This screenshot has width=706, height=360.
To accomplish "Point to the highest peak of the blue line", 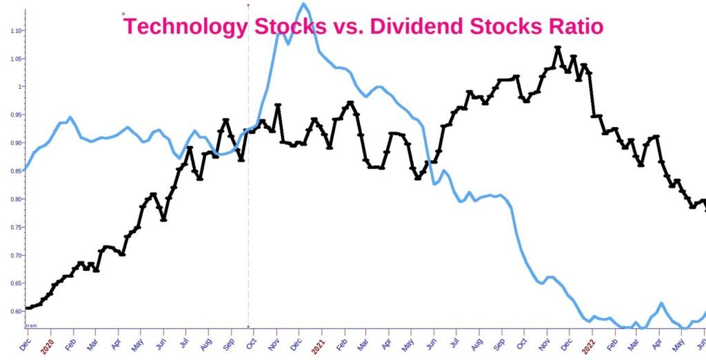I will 303,4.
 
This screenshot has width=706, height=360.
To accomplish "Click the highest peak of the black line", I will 558,48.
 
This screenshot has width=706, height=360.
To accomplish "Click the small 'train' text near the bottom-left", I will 31,324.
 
